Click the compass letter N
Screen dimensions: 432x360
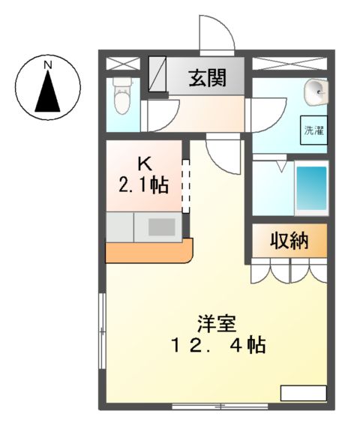coord(47,65)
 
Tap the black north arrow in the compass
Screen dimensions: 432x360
coord(47,94)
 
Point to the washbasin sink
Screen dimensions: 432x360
coord(315,93)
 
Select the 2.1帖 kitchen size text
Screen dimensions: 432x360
coord(143,183)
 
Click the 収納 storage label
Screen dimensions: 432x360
coord(289,241)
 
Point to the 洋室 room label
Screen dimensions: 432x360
coord(217,324)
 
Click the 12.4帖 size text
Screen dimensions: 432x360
coord(217,346)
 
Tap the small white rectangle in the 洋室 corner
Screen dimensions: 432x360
coord(303,393)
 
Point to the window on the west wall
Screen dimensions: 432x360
coord(102,330)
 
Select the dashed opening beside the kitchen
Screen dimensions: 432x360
coord(187,184)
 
